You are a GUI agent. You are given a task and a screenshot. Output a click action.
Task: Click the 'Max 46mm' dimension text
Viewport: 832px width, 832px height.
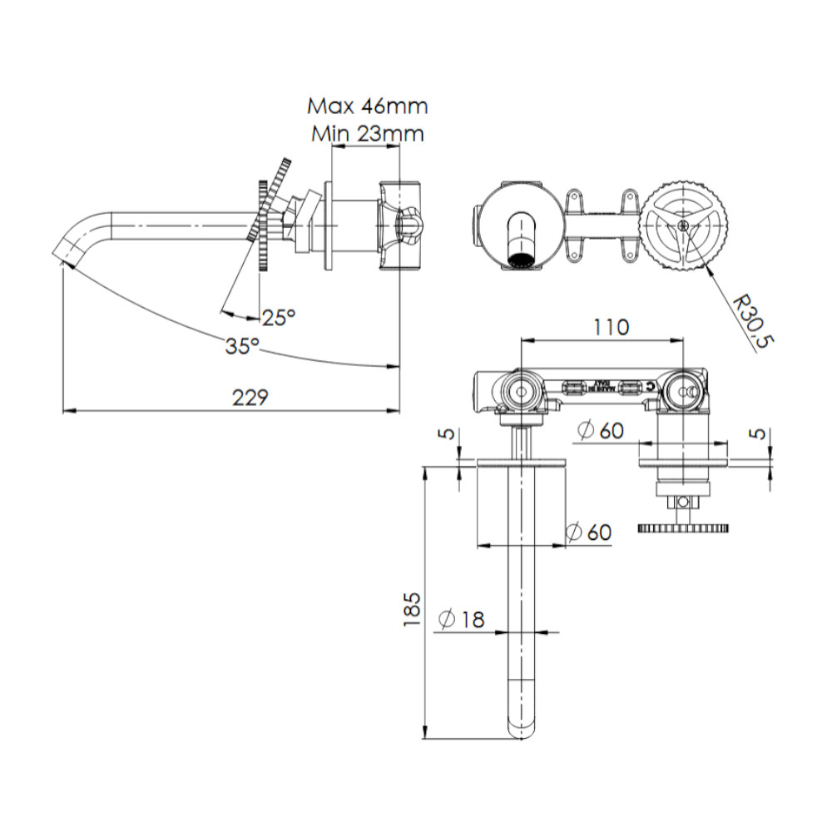[367, 106]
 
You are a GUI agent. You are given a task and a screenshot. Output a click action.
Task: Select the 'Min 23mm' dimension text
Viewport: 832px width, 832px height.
[367, 133]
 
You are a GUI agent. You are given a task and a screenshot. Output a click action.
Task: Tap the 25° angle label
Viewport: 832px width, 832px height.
[278, 317]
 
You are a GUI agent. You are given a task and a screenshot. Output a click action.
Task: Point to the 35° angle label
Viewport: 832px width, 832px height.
[242, 346]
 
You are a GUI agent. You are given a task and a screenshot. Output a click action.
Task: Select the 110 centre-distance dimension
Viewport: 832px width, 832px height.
[611, 327]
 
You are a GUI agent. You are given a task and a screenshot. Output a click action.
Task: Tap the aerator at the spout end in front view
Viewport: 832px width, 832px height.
[520, 260]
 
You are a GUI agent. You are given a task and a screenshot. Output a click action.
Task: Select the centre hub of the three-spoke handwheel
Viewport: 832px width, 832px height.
[682, 224]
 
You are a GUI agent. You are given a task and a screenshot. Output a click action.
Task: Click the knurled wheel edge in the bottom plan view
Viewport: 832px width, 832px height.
[683, 528]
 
